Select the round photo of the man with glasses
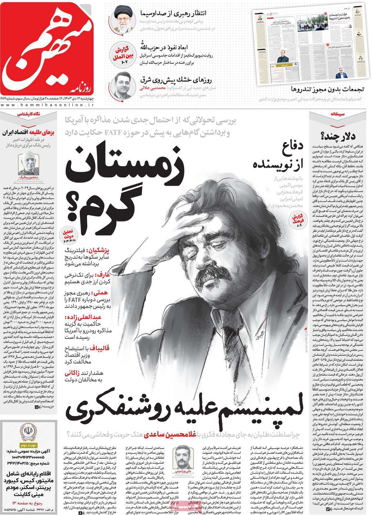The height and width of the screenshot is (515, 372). click(x=123, y=84)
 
